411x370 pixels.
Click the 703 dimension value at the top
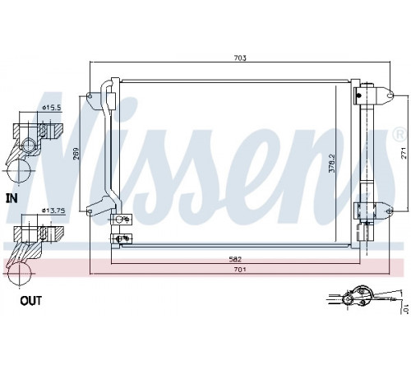pos(240,58)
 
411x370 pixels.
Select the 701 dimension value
pos(240,270)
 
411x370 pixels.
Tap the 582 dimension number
pos(236,259)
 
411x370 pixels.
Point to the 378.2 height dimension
pos(332,163)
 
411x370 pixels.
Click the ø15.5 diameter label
pos(51,108)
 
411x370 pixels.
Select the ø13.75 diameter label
pos(53,210)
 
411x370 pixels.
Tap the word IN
pos(12,198)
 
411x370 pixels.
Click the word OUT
pos(31,301)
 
